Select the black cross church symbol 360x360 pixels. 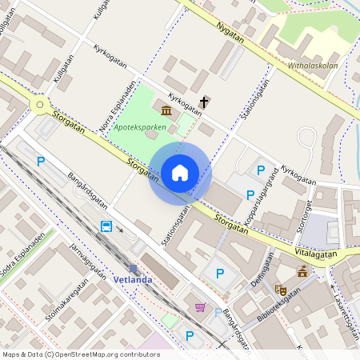(x=205, y=102)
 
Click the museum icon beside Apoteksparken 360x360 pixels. (x=166, y=110)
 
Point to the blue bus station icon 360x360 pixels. (x=106, y=226)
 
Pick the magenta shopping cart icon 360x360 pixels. (x=199, y=307)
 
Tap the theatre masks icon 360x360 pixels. (x=280, y=290)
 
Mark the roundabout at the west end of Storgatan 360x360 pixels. (x=39, y=103)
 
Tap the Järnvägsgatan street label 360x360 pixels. (x=88, y=262)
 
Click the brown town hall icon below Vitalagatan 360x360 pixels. (x=302, y=272)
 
